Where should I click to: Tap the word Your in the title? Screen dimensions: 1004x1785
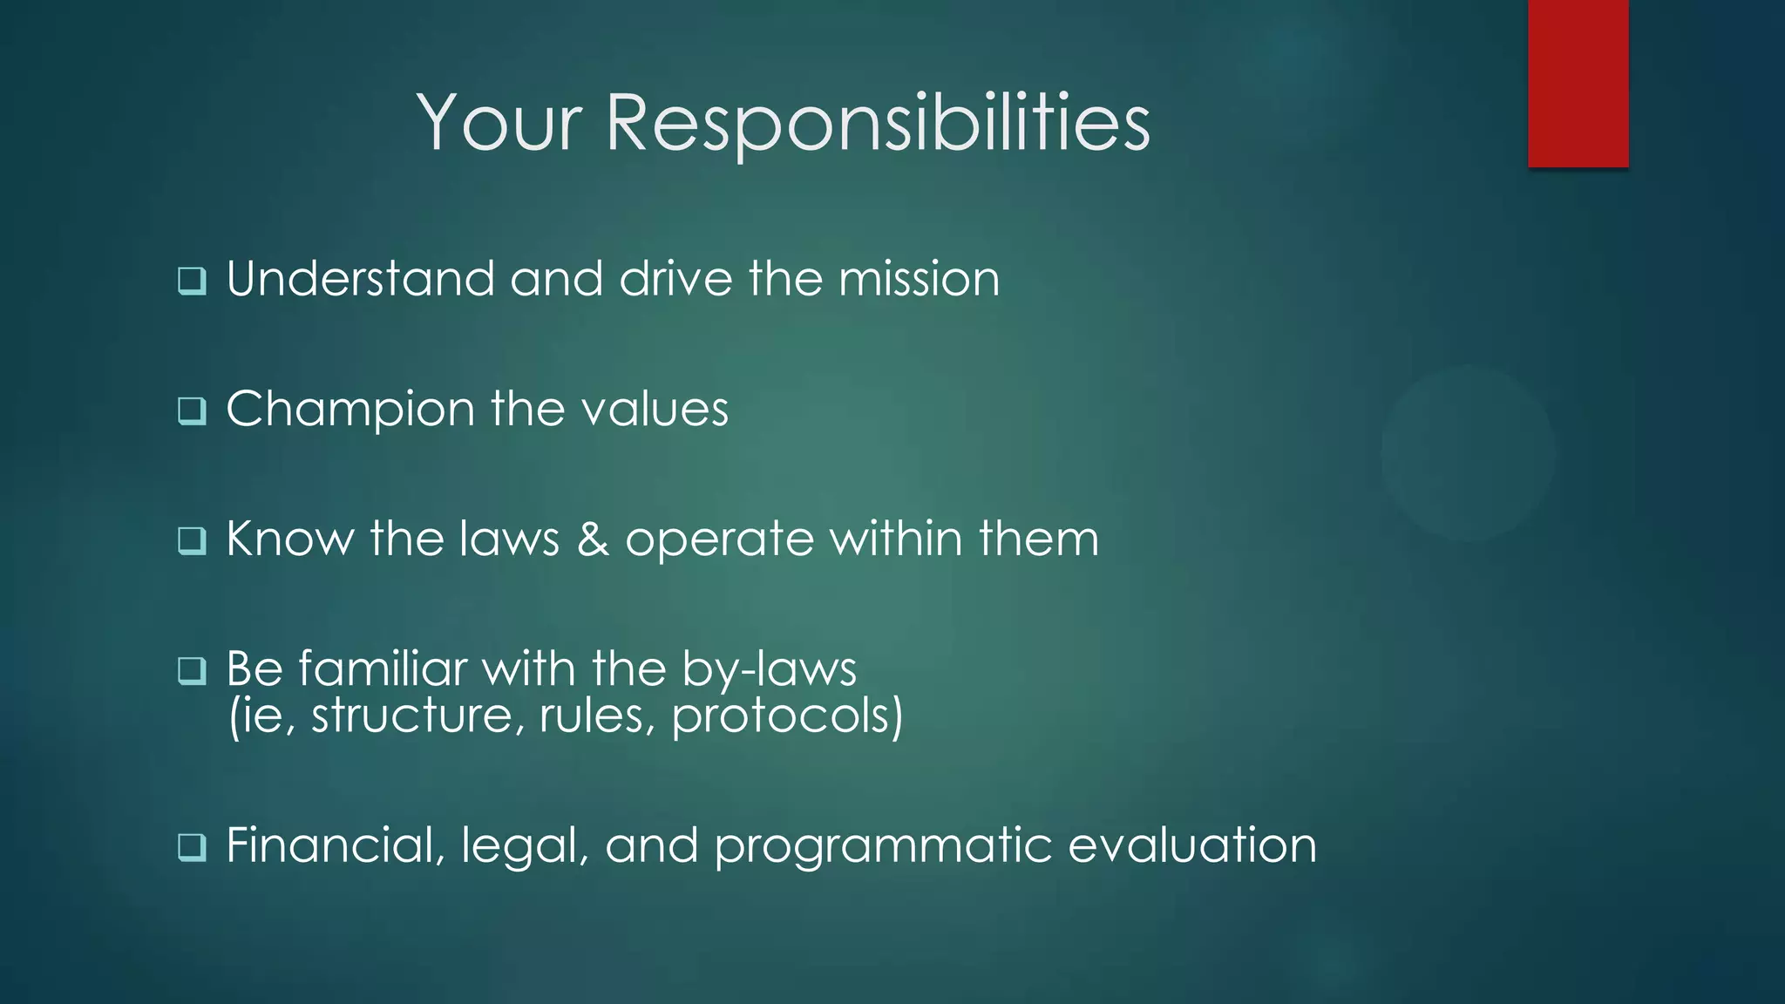pos(499,124)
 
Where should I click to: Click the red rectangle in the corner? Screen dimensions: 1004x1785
pos(1578,83)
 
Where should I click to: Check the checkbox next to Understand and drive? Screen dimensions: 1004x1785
pos(192,281)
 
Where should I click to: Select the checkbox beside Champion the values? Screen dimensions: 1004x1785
pos(192,410)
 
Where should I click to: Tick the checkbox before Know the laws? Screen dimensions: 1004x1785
pos(192,540)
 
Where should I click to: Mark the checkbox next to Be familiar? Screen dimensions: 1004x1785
pos(192,670)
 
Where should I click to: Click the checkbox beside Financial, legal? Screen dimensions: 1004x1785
pos(192,846)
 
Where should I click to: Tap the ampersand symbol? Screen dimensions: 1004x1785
pos(593,539)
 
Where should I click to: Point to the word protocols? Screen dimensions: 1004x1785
pos(787,717)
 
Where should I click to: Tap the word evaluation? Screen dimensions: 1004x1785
pos(1191,845)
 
